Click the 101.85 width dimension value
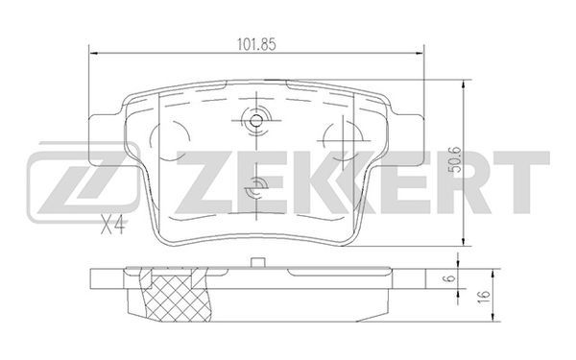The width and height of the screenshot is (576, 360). (x=256, y=45)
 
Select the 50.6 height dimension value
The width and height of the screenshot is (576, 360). (x=455, y=159)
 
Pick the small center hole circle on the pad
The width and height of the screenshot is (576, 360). (x=256, y=120)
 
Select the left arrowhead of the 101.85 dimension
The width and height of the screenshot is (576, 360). (x=94, y=54)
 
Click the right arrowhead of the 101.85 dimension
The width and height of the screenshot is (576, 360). (x=420, y=54)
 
